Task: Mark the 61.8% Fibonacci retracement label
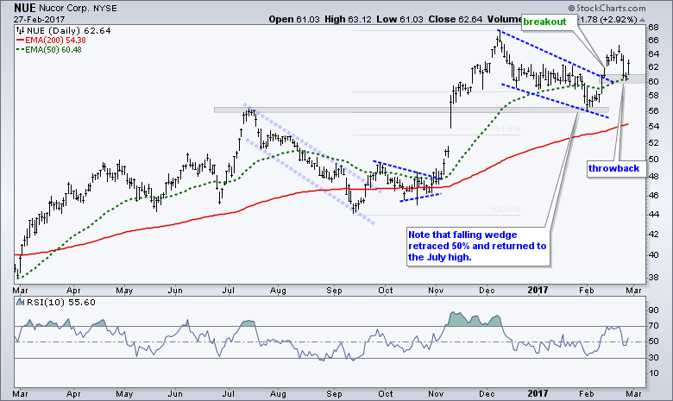(507, 129)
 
